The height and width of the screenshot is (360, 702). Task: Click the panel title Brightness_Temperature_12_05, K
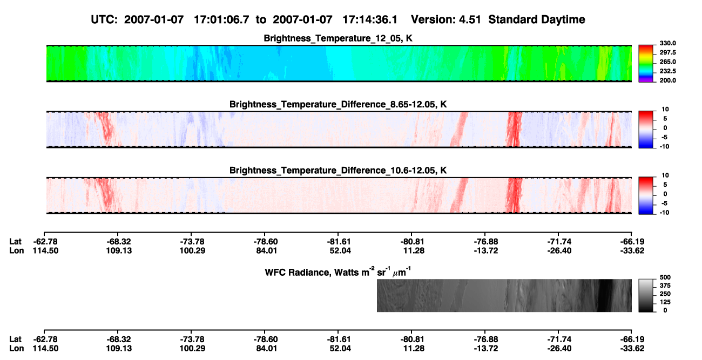(338, 38)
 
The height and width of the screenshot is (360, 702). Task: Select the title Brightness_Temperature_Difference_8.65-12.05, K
(338, 104)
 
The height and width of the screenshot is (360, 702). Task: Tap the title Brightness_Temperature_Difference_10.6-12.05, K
(338, 171)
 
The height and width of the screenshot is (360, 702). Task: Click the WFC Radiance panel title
(338, 271)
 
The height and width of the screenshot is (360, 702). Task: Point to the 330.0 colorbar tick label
(667, 43)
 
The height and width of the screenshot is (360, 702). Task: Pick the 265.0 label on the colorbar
(667, 62)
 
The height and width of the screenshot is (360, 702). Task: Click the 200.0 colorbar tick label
(667, 80)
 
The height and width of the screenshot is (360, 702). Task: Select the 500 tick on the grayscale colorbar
(665, 277)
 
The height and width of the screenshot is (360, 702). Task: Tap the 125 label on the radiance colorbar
(665, 302)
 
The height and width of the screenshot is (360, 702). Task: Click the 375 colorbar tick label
(665, 286)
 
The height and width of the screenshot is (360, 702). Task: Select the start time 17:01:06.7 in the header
(221, 20)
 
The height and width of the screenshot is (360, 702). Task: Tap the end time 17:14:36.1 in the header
(370, 20)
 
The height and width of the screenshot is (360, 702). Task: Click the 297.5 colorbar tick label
(667, 52)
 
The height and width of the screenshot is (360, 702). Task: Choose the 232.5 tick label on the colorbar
(667, 71)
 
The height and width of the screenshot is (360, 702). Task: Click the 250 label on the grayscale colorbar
(665, 294)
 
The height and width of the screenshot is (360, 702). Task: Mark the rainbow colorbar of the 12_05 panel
(646, 64)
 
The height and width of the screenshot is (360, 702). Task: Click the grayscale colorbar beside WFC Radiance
(646, 295)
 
